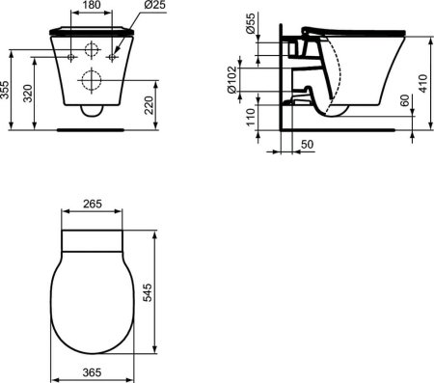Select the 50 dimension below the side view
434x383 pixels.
307,144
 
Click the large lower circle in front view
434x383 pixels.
94,79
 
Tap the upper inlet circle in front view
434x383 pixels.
94,51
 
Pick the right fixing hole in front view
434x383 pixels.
113,58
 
